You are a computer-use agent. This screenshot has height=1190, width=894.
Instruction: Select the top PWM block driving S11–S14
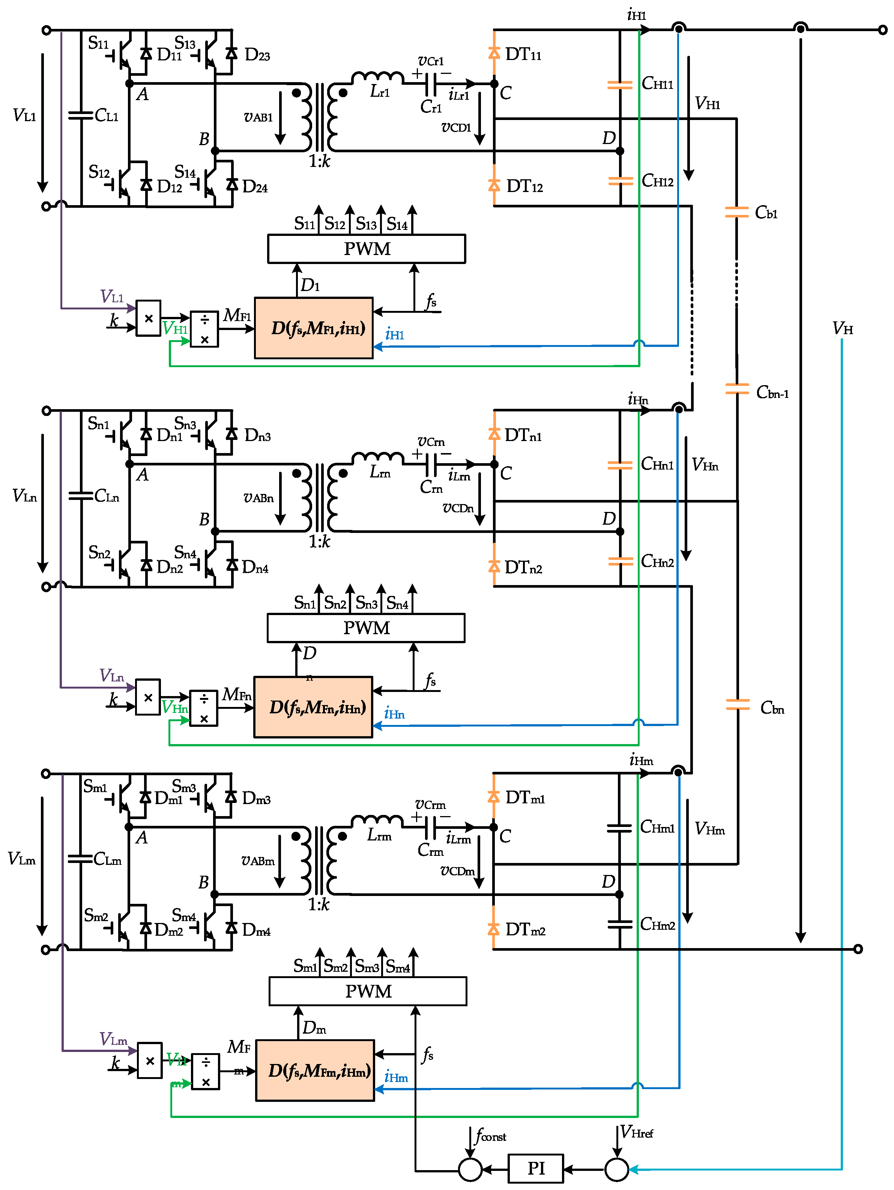pos(366,249)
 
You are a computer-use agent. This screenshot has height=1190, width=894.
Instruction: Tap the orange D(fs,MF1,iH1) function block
pos(313,328)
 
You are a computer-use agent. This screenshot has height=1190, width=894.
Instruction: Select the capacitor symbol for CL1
pos(81,115)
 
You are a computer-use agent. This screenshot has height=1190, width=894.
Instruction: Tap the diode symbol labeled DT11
pos(494,53)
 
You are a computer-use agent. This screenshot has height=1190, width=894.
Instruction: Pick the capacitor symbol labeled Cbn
pos(737,704)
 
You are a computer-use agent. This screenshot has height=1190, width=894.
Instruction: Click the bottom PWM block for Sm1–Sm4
pos(368,991)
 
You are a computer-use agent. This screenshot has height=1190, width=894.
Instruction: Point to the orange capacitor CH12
pos(620,181)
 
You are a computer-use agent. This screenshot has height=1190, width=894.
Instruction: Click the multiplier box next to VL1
pos(148,318)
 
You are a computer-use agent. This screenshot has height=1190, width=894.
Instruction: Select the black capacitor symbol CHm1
pos(619,828)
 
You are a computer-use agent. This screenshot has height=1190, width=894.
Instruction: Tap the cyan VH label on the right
pos(842,328)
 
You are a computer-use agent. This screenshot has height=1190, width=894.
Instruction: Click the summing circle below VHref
pos(616,1169)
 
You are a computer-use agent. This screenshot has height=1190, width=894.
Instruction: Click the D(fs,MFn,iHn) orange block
pos(313,707)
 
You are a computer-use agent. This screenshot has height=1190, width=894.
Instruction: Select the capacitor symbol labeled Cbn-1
pos(736,389)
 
